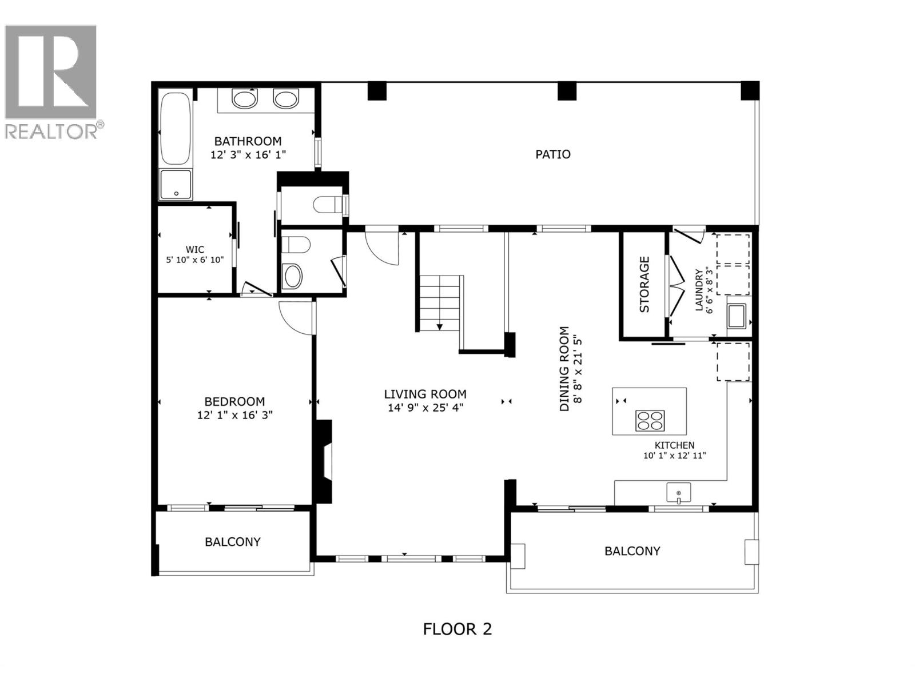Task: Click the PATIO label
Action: coord(552,154)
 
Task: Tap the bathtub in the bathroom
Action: coord(176,129)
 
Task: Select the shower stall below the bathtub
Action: coord(176,184)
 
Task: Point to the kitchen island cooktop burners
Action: coord(650,420)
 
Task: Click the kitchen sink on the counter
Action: coord(678,492)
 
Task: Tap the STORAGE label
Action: coord(645,284)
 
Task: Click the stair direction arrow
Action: coord(440,326)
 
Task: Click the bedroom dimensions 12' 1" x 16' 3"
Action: coord(234,415)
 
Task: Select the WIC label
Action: coord(194,250)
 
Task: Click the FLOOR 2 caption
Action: coord(457,629)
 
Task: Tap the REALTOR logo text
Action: coord(53,131)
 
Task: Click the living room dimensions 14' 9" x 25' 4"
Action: coord(425,408)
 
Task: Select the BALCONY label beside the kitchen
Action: coord(632,551)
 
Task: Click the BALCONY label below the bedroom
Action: coord(232,541)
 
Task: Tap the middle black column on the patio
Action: coord(566,91)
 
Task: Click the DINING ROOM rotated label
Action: coord(564,369)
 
